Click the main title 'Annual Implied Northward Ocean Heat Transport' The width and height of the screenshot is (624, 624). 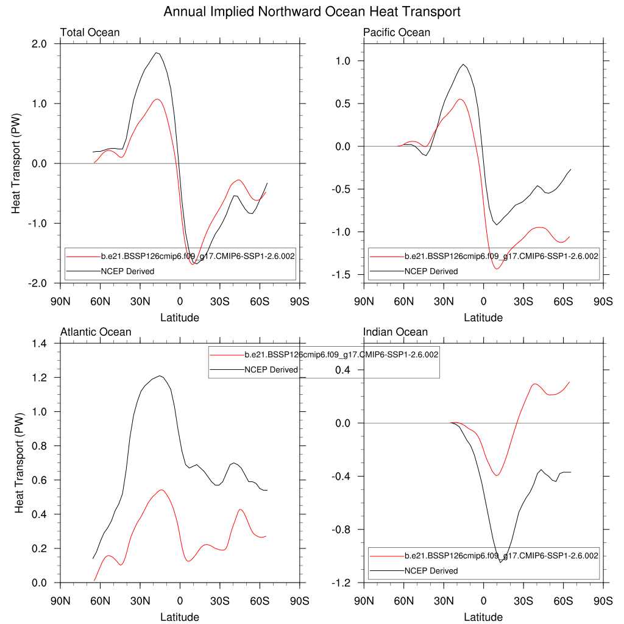[x=312, y=12]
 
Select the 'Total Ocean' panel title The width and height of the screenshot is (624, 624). [x=90, y=32]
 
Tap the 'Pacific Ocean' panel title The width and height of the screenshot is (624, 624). [x=397, y=32]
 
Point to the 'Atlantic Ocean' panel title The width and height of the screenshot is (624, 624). [x=96, y=332]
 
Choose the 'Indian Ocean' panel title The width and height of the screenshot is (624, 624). [x=395, y=332]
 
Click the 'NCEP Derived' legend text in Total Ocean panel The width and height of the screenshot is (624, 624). [x=127, y=271]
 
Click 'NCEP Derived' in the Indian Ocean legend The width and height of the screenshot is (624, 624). [x=431, y=570]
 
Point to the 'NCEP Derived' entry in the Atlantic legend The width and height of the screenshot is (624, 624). [x=271, y=369]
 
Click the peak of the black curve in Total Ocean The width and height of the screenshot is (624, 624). [x=157, y=52]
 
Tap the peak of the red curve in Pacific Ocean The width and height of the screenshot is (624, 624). [x=460, y=99]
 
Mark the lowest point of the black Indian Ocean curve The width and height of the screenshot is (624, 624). [x=500, y=562]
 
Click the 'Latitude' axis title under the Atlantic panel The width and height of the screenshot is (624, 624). [x=179, y=617]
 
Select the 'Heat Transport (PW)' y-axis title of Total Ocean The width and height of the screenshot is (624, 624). [x=18, y=163]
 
